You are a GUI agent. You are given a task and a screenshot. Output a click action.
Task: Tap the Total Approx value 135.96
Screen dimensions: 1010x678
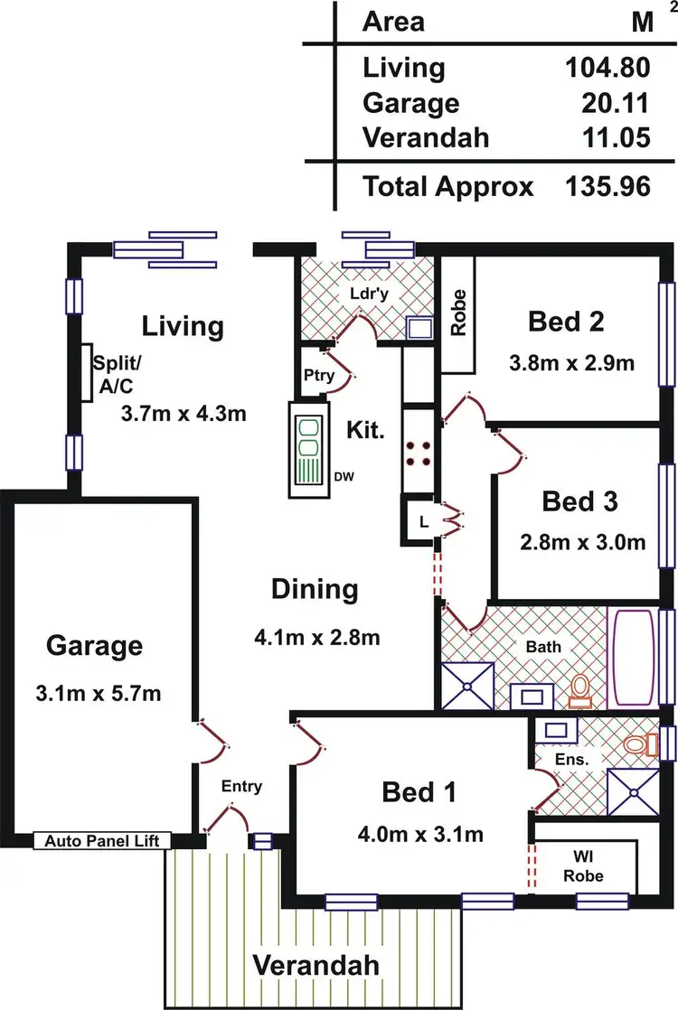click(607, 187)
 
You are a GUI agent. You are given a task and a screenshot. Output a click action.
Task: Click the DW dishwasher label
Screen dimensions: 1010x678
click(343, 476)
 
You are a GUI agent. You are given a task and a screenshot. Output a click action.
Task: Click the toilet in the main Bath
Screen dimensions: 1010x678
click(579, 691)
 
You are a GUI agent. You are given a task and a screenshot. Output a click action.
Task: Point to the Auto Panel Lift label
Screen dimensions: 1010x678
click(102, 841)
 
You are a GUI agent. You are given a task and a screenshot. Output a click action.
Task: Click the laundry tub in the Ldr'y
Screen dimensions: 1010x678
click(419, 327)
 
